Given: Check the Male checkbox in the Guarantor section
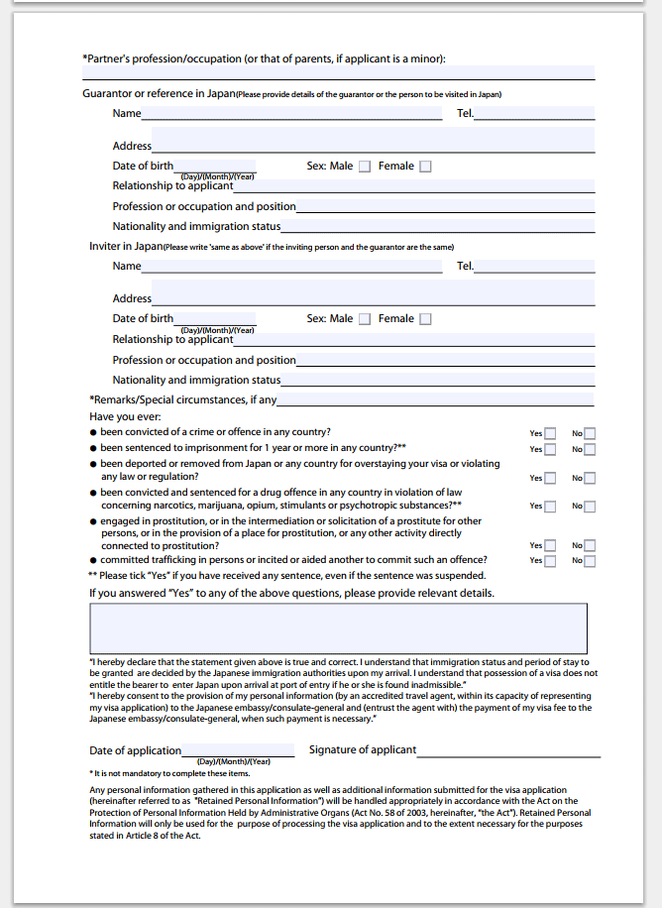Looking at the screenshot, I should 365,167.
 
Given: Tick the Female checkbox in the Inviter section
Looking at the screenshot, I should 425,319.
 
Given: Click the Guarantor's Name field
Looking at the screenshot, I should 291,113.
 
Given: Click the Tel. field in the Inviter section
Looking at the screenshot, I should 534,266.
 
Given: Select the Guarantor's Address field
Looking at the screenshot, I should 373,140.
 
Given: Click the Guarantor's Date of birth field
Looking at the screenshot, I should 214,166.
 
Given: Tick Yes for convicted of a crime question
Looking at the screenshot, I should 550,433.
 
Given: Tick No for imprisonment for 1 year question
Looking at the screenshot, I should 590,449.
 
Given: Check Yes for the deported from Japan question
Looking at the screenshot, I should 550,478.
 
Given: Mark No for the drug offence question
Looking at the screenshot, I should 590,506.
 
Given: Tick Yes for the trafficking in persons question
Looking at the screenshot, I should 550,560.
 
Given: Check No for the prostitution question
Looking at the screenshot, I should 590,545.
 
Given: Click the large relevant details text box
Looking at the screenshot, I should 338,628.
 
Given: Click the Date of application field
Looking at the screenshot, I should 238,750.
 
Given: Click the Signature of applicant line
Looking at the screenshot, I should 508,750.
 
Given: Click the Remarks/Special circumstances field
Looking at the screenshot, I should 435,399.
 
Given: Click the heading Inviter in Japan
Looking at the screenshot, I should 126,246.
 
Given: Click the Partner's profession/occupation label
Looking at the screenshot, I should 264,58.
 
